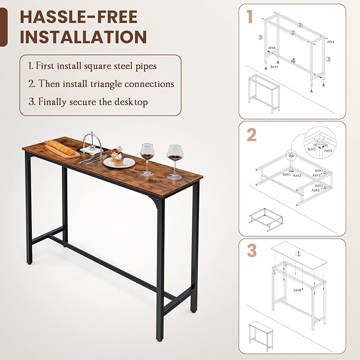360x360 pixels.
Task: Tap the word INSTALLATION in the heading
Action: pyautogui.click(x=83, y=37)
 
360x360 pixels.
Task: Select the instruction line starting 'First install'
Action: pyautogui.click(x=92, y=66)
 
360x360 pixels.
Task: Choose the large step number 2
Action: pyautogui.click(x=251, y=135)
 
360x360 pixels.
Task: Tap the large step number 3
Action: pyautogui.click(x=251, y=251)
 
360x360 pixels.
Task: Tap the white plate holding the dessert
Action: pyautogui.click(x=119, y=162)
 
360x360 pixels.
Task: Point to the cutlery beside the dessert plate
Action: pyautogui.click(x=93, y=157)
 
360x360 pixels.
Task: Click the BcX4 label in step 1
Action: pyautogui.click(x=274, y=67)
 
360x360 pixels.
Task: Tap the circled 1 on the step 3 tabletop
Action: pyautogui.click(x=298, y=253)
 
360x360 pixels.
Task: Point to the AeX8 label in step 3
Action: pyautogui.click(x=298, y=290)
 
